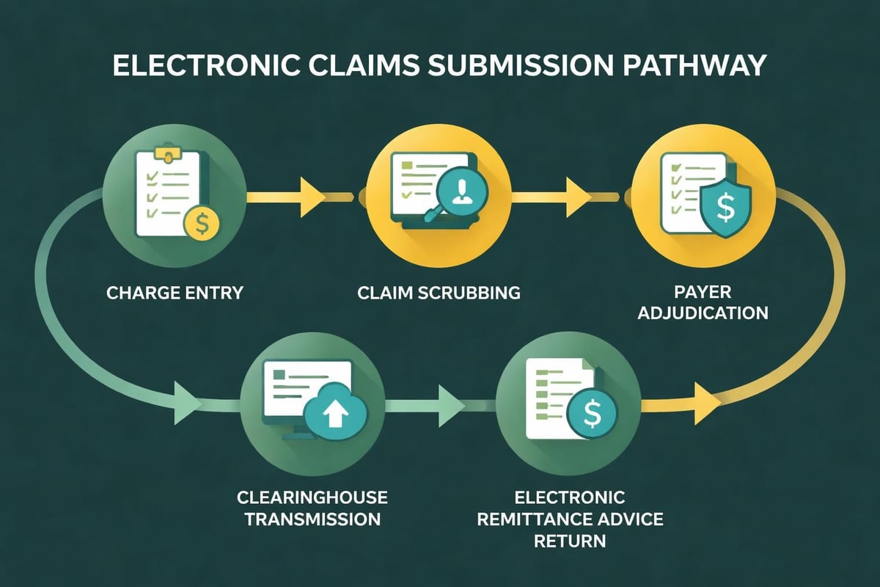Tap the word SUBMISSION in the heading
pyautogui.click(x=506, y=65)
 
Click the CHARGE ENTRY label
pyautogui.click(x=175, y=293)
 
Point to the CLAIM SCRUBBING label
pyautogui.click(x=439, y=293)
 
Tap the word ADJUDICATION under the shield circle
pyautogui.click(x=703, y=313)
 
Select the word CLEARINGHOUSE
pyautogui.click(x=312, y=498)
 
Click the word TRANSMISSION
pyautogui.click(x=312, y=519)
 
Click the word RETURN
pyautogui.click(x=570, y=542)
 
